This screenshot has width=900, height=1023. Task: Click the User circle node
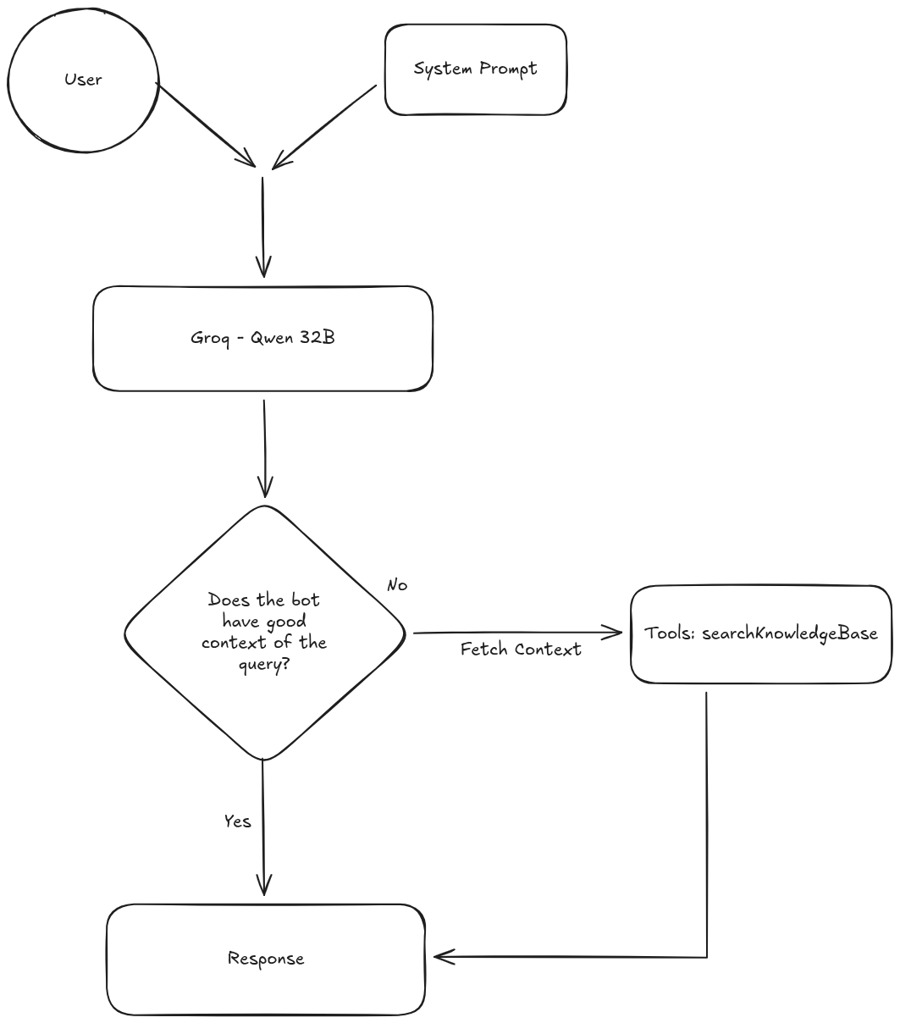click(83, 80)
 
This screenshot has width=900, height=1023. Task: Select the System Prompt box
click(475, 69)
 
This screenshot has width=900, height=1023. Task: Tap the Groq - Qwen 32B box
click(262, 339)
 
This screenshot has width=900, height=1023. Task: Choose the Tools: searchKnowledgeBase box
click(760, 633)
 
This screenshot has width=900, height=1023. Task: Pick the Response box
click(265, 959)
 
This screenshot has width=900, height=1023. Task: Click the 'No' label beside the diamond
click(396, 585)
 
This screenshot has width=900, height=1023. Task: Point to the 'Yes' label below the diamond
click(237, 821)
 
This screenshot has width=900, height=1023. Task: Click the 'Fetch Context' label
click(521, 650)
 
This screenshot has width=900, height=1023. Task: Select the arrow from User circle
click(205, 124)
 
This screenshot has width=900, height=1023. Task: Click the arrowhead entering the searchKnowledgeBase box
click(616, 632)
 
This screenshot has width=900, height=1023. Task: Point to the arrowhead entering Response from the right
click(442, 957)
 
